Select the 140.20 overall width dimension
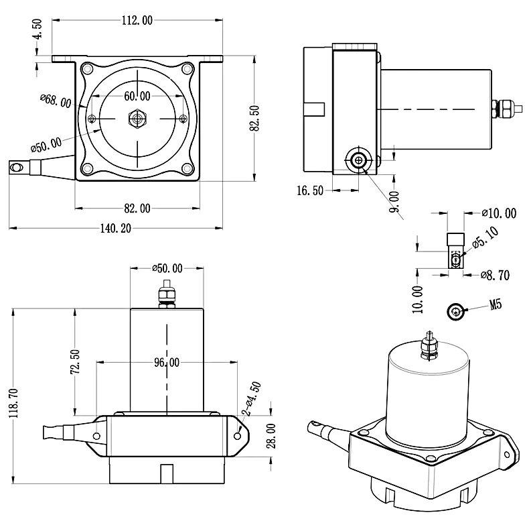point(115,228)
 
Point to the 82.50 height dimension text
point(254,119)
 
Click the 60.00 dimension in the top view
point(136,95)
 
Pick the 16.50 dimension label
point(309,190)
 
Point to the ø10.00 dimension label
point(499,214)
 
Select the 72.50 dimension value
point(74,363)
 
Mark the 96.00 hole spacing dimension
point(167,362)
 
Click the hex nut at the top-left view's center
point(137,119)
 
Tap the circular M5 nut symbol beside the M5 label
point(456,310)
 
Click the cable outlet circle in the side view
point(358,160)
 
